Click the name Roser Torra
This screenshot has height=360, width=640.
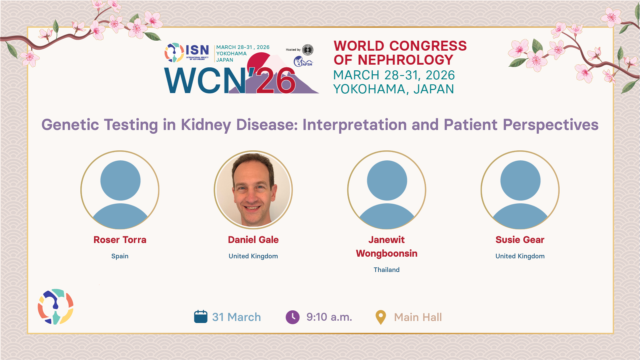click(120, 240)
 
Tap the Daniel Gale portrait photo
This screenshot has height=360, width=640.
click(253, 190)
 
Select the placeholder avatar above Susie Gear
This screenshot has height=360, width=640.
click(520, 190)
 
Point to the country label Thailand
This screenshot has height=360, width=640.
click(387, 270)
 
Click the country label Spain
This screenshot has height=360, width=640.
click(120, 256)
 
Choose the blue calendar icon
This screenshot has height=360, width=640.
click(201, 317)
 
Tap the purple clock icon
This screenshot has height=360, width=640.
click(293, 317)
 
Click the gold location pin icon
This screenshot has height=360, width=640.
click(381, 317)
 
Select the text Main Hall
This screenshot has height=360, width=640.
click(418, 317)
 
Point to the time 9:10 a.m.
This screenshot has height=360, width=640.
click(329, 317)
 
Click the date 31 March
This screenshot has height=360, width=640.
click(237, 317)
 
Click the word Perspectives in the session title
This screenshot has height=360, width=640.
click(551, 125)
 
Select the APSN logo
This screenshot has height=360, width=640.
click(303, 61)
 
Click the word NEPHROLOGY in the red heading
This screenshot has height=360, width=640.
click(405, 60)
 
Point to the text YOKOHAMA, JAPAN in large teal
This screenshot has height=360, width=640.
click(394, 89)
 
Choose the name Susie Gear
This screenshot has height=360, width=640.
click(520, 240)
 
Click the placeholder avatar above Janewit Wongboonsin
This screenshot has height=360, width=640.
click(387, 190)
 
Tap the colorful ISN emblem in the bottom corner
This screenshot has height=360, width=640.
click(56, 307)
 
